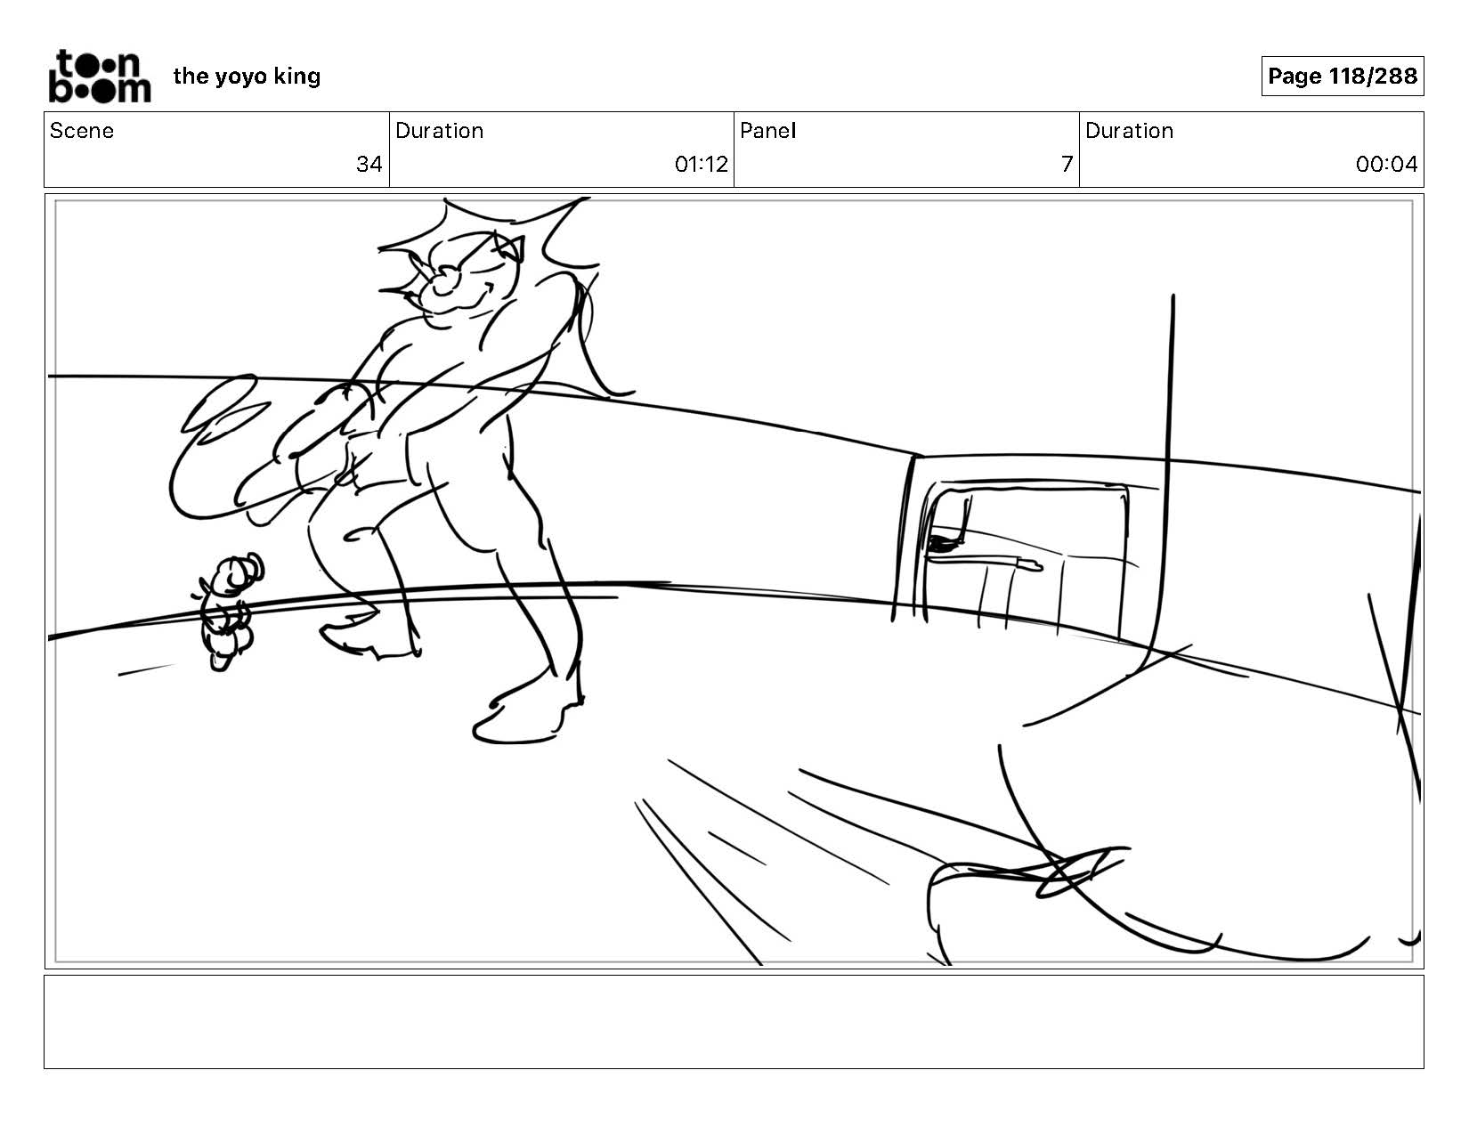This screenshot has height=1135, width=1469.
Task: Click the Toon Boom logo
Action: point(100,76)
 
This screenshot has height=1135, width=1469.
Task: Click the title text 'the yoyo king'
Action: point(247,77)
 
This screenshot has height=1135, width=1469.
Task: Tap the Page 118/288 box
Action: point(1342,76)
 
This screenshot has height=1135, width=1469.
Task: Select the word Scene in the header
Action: point(82,131)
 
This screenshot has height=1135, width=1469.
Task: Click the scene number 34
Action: point(369,164)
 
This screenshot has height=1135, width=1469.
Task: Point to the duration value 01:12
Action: point(701,164)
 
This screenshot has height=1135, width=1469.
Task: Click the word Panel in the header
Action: point(768,131)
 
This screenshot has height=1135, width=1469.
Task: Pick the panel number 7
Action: point(1067,164)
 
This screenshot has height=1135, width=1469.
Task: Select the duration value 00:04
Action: point(1386,164)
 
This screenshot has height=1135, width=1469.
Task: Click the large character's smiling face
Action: point(467,280)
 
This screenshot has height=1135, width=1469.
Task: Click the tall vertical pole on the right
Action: point(1167,474)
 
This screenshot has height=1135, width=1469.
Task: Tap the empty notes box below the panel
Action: point(734,1021)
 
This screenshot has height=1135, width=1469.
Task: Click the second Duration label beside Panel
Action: point(1129,131)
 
